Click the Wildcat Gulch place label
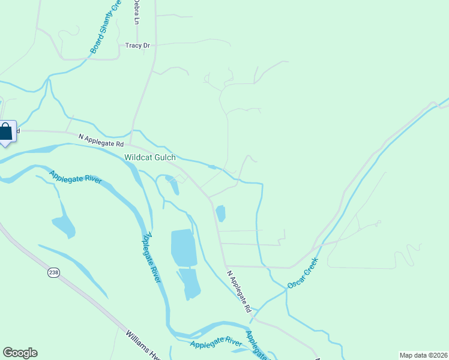pos(150,158)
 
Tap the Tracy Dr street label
pos(137,45)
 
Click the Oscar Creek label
pos(302,272)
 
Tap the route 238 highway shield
pos(54,272)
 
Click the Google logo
pos(20,353)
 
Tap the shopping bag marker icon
pos(5,132)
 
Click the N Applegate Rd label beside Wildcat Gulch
pos(101,140)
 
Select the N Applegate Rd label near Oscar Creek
pos(239,292)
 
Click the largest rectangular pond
pos(183,247)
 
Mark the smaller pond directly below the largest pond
pos(191,283)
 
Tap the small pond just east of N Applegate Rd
pos(221,213)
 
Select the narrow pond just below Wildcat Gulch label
pos(174,185)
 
